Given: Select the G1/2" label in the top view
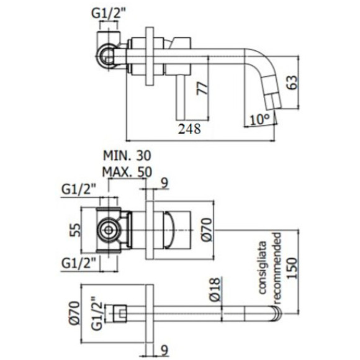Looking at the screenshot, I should [110, 11].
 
